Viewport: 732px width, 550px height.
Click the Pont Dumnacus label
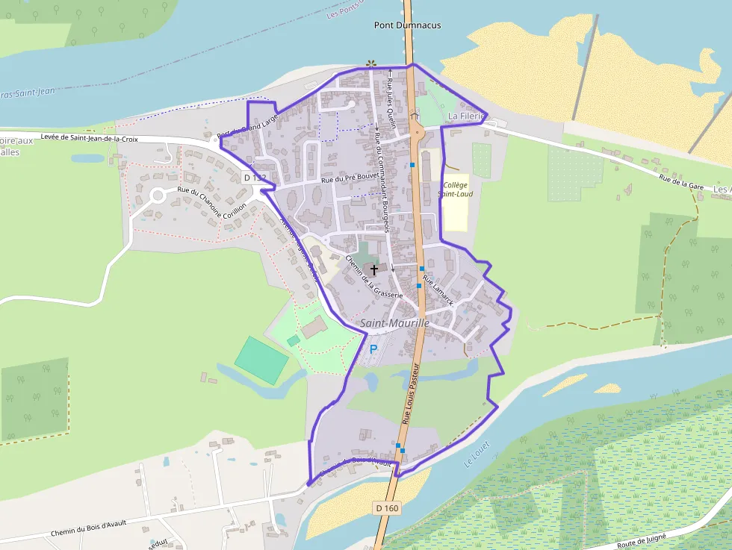407,25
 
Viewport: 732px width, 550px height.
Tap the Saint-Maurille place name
394,323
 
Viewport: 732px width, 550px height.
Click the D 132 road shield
255,178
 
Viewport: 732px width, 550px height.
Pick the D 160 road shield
387,508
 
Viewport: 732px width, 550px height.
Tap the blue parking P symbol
373,348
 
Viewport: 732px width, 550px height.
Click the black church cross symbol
374,269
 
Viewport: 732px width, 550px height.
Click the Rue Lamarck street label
438,290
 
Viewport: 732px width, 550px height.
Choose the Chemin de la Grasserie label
373,276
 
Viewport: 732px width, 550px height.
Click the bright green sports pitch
261,360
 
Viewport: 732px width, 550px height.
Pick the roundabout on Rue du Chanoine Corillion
158,196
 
